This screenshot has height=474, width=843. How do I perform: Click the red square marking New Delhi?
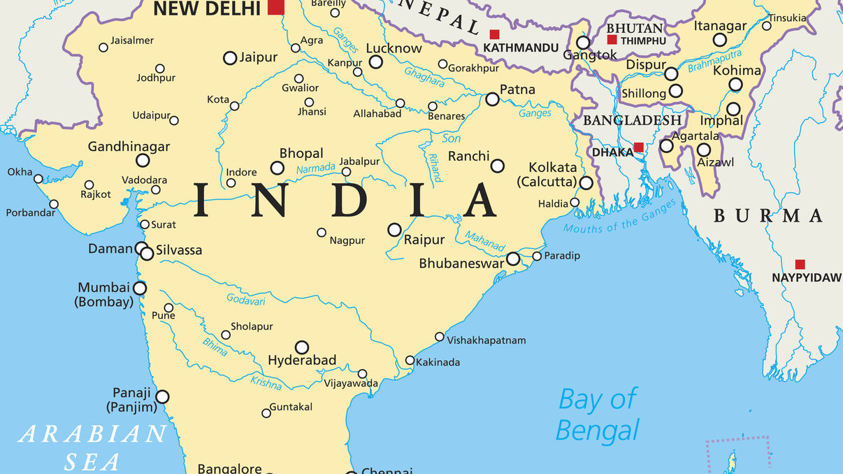click(x=276, y=7)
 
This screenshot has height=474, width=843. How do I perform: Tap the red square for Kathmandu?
click(x=494, y=34)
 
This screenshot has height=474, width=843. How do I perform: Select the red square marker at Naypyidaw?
click(x=800, y=264)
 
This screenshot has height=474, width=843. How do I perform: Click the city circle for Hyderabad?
click(x=301, y=347)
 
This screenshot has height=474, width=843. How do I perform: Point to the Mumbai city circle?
click(x=140, y=288)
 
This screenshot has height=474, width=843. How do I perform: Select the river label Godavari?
click(x=245, y=299)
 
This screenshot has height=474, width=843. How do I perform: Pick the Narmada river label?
click(x=316, y=169)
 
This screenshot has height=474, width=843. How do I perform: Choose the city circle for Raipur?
click(x=394, y=230)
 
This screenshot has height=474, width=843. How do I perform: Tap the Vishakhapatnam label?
click(x=487, y=340)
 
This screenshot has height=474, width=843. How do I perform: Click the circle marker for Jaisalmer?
click(x=103, y=48)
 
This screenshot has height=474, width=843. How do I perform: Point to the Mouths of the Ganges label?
click(x=620, y=217)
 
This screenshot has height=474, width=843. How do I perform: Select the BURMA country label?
click(x=768, y=216)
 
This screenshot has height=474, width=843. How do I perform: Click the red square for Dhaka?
click(x=638, y=148)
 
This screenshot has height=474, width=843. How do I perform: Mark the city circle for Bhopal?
click(x=278, y=168)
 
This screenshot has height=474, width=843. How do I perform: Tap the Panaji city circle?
click(x=162, y=397)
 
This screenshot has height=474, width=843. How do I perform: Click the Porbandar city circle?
click(x=54, y=204)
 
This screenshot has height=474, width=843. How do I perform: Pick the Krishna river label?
click(x=266, y=382)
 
